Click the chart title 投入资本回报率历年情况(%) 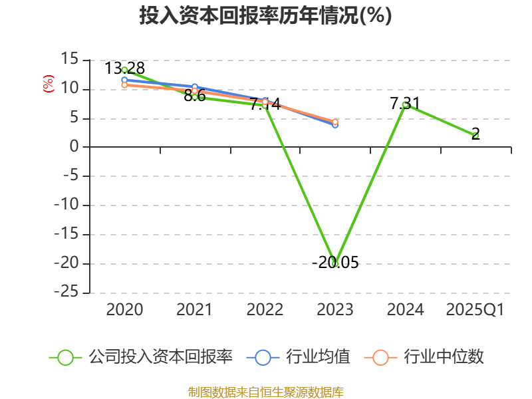pos(265,16)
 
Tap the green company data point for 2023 pos(335,263)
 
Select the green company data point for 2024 pos(405,104)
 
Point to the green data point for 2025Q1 pos(475,135)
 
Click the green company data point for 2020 pos(124,70)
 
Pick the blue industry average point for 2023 pos(335,124)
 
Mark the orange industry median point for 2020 pos(124,85)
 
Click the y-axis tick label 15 pos(69,60)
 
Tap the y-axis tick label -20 pos(66,263)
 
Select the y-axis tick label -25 pos(66,293)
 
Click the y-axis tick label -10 pos(66,205)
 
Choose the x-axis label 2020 pos(124,310)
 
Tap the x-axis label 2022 pos(265,310)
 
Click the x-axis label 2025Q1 pos(475,310)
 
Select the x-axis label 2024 pos(405,310)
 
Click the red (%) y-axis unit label pos(48,84)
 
